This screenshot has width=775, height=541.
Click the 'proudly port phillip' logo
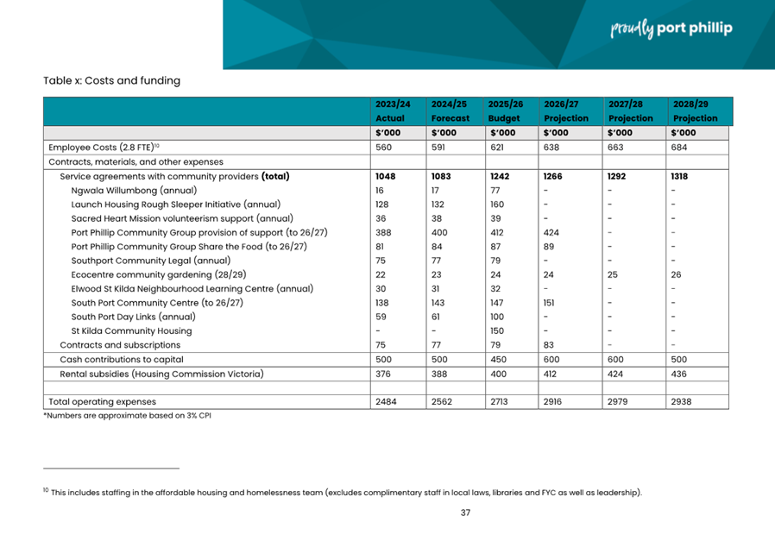(671, 29)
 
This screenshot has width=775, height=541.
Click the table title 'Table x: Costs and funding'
(111, 81)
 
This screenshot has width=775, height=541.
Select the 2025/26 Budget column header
(504, 110)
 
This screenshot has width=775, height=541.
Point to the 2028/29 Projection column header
(695, 110)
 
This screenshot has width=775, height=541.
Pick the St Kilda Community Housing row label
(131, 330)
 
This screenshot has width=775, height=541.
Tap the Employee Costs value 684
(679, 147)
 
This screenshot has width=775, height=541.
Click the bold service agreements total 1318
(680, 176)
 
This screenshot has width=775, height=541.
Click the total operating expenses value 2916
(554, 401)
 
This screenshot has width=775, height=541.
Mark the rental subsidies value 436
(679, 374)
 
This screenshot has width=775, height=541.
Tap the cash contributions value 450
(498, 359)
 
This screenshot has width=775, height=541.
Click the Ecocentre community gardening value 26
(677, 274)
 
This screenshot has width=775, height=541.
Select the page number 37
(465, 513)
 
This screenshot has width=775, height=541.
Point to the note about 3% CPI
(127, 415)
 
